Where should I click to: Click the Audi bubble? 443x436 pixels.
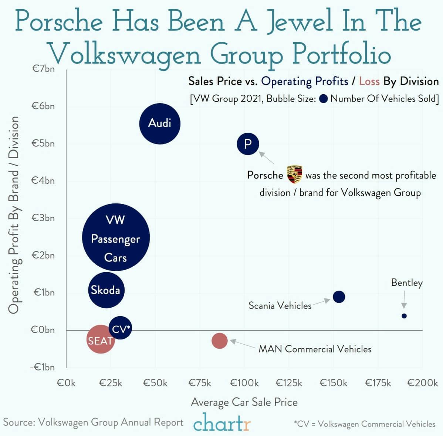(x=160, y=124)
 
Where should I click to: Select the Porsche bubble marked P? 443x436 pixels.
(x=248, y=143)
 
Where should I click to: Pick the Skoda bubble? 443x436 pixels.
(x=106, y=290)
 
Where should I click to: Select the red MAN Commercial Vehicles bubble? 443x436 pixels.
(x=220, y=341)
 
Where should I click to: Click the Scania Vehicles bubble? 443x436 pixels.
(x=339, y=297)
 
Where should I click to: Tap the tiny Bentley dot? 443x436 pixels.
(x=404, y=316)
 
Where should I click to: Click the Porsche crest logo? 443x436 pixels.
(x=295, y=175)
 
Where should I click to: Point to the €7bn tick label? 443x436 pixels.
(x=43, y=69)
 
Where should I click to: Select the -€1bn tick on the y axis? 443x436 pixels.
(x=42, y=367)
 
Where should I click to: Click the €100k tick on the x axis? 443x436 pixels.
(x=244, y=383)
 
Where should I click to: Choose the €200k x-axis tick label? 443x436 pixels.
(x=422, y=383)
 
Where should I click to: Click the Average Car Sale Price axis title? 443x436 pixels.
(x=244, y=402)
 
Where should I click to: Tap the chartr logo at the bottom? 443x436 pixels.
(x=222, y=423)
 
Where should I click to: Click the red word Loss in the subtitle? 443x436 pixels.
(x=369, y=81)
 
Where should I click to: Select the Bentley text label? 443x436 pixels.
(x=407, y=283)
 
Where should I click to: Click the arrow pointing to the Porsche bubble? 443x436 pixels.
(x=267, y=158)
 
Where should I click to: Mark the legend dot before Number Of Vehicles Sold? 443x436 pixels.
(x=324, y=99)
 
